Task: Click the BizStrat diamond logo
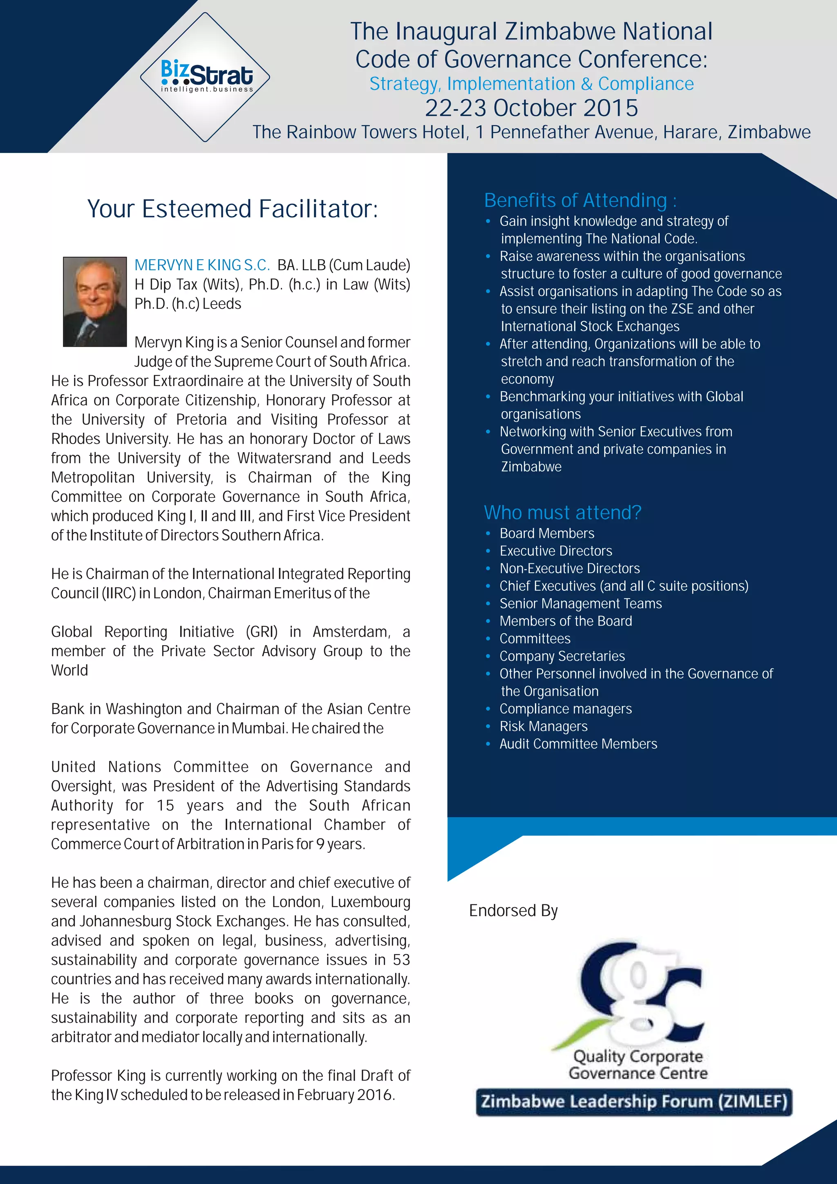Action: point(205,77)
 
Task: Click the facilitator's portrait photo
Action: point(95,302)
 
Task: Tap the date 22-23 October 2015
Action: point(531,108)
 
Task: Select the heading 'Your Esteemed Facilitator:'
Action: point(233,209)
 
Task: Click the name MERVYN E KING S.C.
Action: point(202,265)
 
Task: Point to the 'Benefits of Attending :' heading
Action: point(580,200)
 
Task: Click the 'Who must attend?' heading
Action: point(562,513)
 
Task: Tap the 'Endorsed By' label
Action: point(513,910)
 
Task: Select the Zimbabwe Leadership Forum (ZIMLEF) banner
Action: point(634,1101)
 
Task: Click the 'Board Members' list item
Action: point(547,533)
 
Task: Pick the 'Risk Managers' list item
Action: point(543,726)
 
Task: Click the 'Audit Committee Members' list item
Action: point(578,744)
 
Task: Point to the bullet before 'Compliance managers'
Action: point(488,709)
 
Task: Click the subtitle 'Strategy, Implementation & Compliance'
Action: point(531,83)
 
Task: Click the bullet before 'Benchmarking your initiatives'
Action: point(488,397)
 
